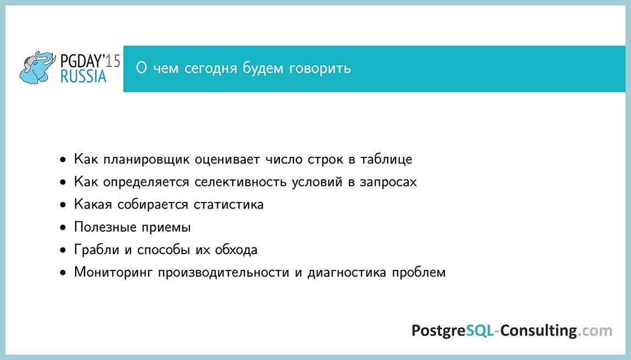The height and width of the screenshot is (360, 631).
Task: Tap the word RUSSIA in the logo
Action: [84, 77]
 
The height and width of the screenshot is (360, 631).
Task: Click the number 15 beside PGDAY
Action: [114, 60]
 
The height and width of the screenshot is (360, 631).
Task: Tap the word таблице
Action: [386, 160]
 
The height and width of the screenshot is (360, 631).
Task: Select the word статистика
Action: [228, 205]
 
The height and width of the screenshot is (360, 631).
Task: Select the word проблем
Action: [419, 272]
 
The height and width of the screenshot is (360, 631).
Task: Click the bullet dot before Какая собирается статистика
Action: [64, 205]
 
